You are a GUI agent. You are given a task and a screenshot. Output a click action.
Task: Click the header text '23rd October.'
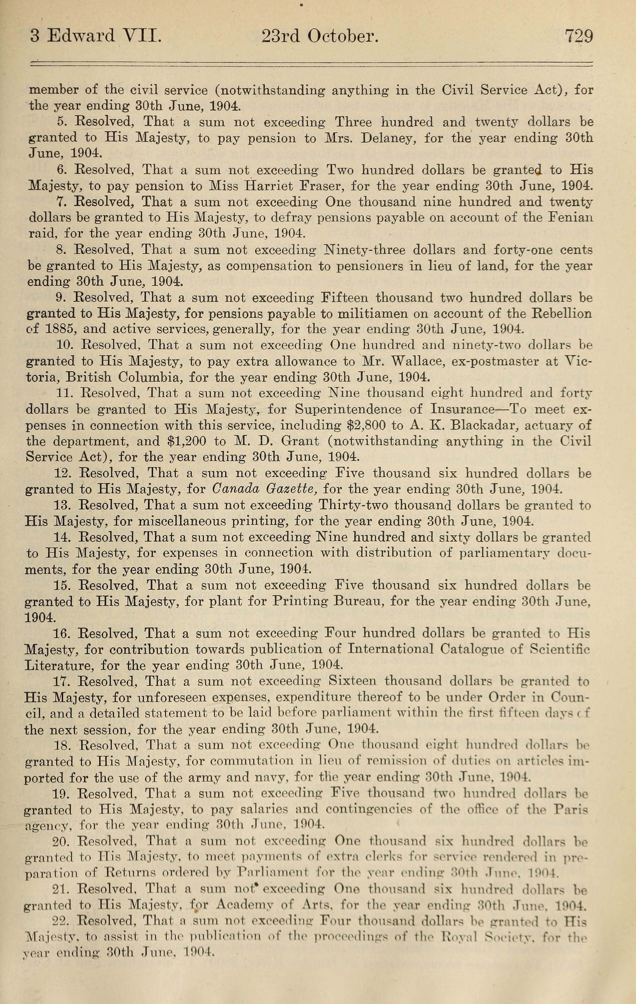(x=320, y=37)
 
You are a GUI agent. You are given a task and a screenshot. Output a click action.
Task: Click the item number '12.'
(x=64, y=473)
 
